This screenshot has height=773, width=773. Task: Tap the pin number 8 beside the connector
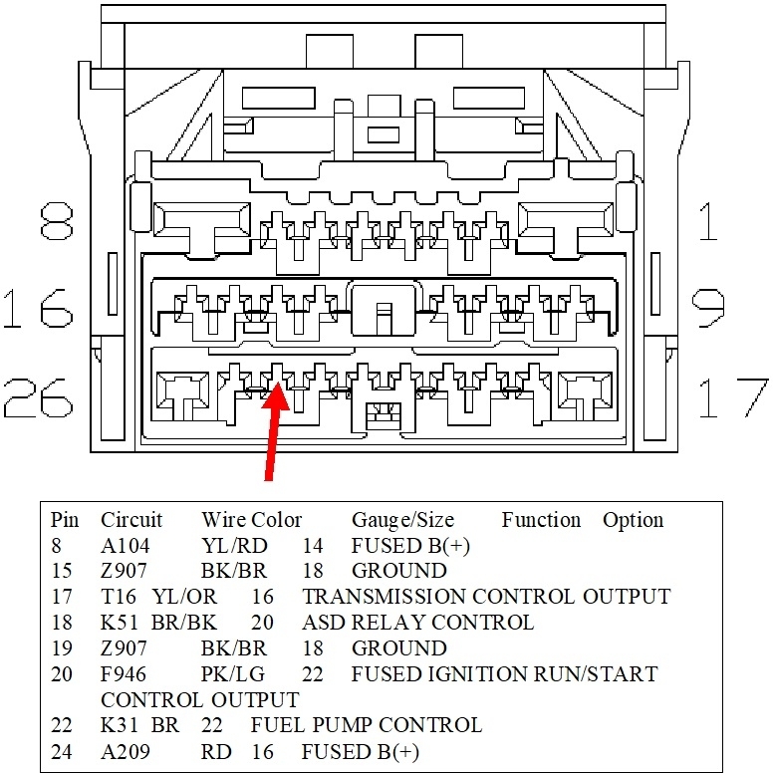point(58,224)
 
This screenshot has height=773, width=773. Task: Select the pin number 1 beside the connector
point(707,224)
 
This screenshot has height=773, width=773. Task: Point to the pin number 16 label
point(38,309)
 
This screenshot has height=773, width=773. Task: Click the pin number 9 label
point(708,309)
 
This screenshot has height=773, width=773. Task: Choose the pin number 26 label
point(38,396)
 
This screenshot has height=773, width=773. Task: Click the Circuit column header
point(131,520)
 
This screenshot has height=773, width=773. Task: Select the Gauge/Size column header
point(402,520)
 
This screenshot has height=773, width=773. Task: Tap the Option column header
point(633,520)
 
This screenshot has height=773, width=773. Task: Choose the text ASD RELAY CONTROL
point(417,623)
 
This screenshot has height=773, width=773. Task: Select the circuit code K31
point(123,725)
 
